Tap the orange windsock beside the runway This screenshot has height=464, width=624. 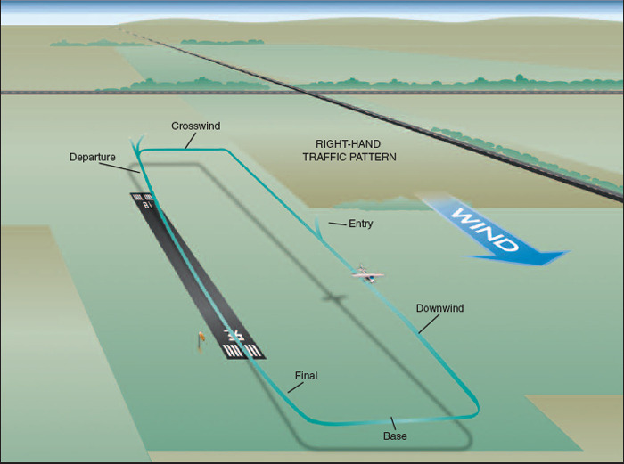click(201, 339)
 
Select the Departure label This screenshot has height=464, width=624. click(93, 158)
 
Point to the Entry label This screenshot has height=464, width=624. click(360, 224)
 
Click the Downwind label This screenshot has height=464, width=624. click(439, 308)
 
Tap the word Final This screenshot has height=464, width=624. click(306, 376)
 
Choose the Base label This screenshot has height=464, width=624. click(395, 436)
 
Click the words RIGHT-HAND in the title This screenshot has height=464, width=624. click(343, 143)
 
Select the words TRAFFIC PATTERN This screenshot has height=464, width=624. click(343, 157)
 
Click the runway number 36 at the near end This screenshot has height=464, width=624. click(234, 335)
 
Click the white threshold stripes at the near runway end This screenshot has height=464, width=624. click(243, 349)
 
